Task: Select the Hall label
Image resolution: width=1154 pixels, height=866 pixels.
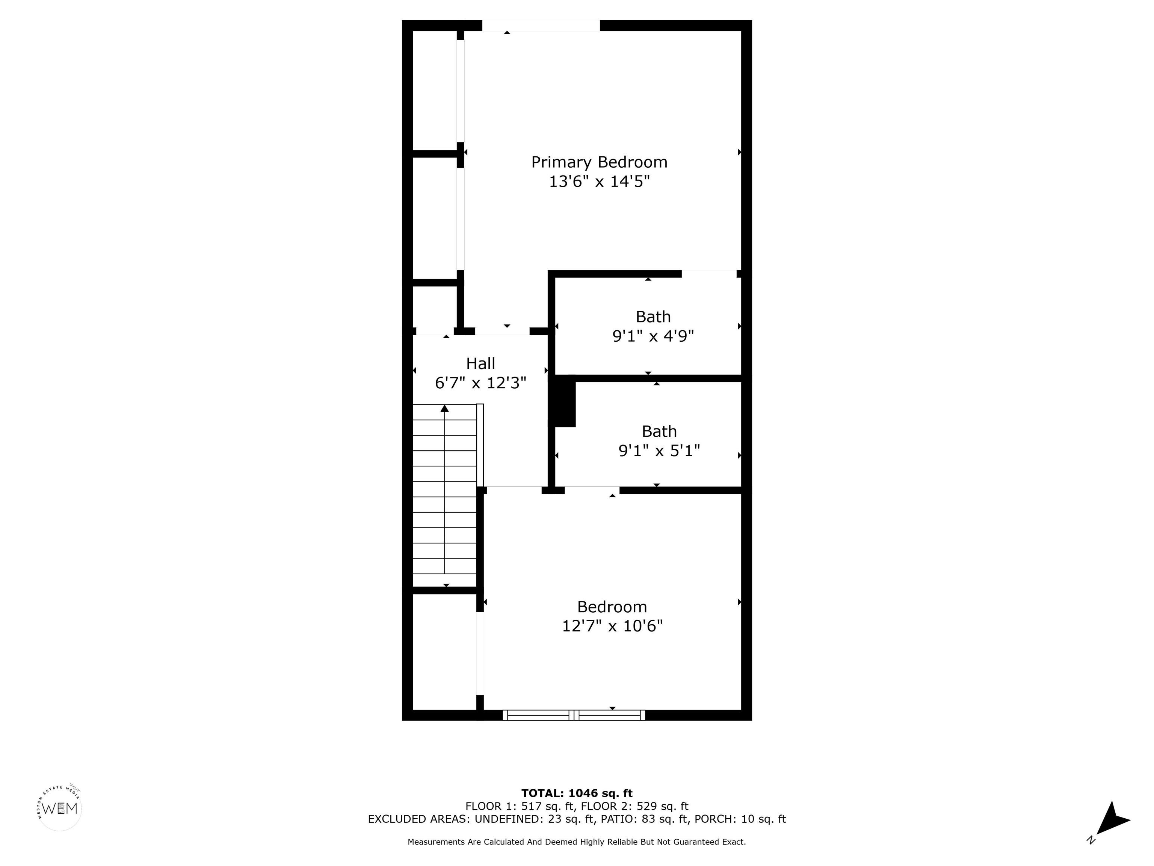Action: point(480,363)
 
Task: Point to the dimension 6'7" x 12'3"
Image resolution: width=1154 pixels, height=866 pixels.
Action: point(480,383)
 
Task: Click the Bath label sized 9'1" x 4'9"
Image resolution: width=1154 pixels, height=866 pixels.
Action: point(653,317)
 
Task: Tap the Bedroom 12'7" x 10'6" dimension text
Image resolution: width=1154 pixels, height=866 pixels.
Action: point(612,626)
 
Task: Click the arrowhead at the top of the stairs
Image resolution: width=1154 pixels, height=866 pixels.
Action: point(444,408)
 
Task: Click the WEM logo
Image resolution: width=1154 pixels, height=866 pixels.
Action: point(60,808)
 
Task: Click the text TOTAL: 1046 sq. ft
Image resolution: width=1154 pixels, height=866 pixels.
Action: point(577,794)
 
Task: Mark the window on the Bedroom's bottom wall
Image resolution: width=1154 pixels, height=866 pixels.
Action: point(574,716)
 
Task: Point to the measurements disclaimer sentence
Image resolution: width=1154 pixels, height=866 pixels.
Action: point(577,842)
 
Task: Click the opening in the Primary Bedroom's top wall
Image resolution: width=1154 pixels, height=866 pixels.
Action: point(541,26)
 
